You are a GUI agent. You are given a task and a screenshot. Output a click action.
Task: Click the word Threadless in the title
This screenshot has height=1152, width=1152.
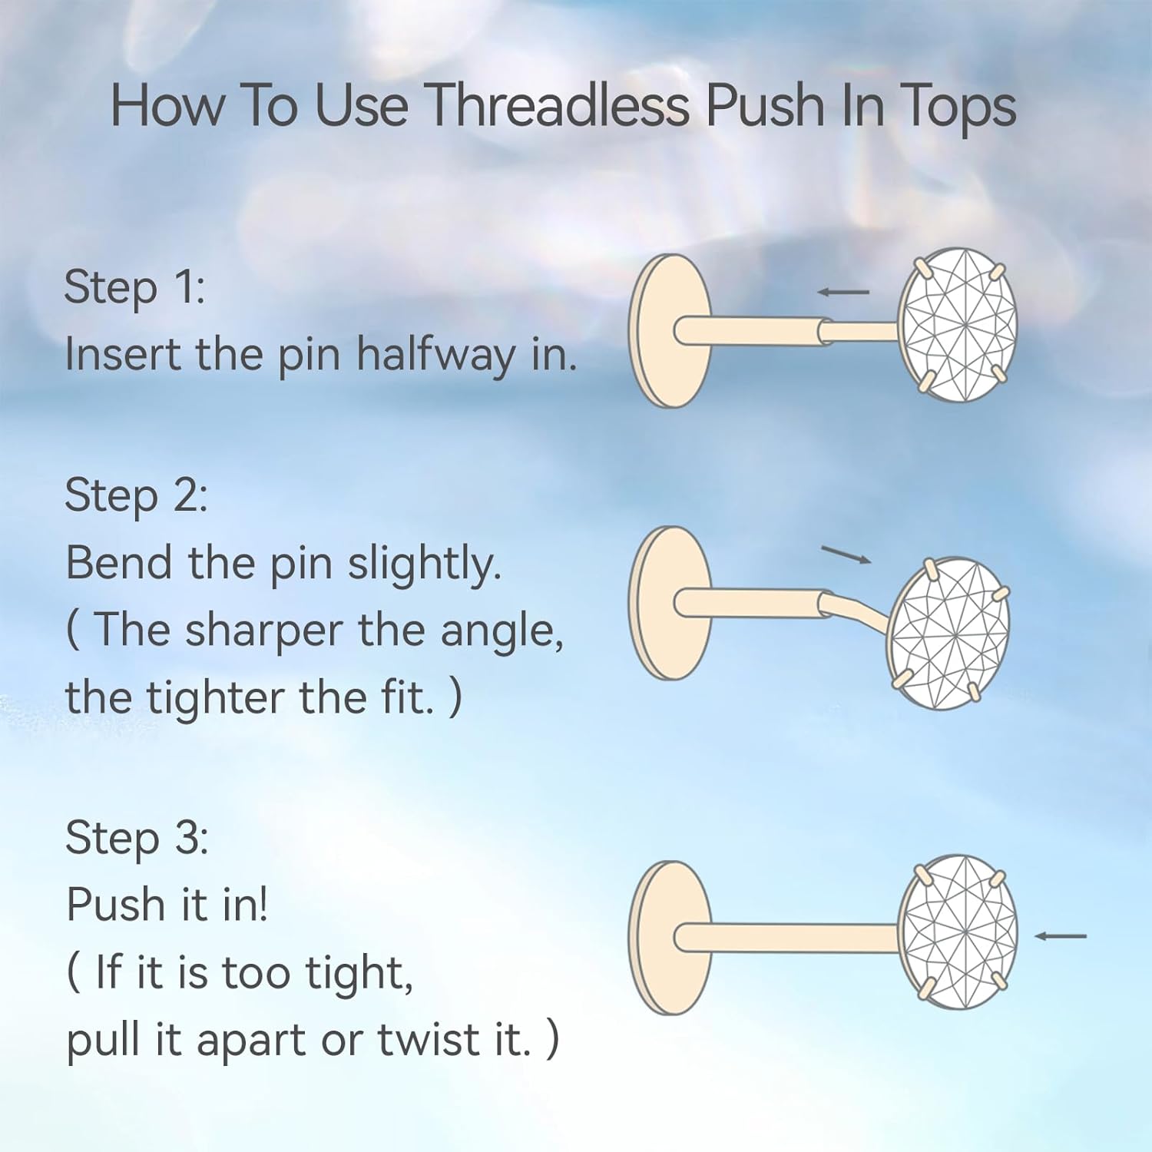coord(557,105)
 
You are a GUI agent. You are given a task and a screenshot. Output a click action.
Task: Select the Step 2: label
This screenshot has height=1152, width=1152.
coord(136,495)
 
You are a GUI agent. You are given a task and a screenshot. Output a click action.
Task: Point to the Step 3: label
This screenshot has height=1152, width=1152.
coord(137,837)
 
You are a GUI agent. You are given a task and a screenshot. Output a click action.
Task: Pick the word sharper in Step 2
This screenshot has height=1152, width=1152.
coord(263,631)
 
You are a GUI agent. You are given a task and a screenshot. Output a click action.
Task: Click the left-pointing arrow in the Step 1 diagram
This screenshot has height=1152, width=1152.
coord(843,292)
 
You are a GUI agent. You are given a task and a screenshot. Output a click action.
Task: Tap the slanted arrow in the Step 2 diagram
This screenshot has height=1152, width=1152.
coord(846,554)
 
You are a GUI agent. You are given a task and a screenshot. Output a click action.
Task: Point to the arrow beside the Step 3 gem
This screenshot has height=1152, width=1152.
coord(1061,936)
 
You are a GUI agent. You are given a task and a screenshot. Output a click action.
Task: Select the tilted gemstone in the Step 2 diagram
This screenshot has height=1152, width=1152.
coord(948,634)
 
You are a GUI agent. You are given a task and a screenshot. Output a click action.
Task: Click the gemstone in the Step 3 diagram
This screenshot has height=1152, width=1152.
coord(958,931)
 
